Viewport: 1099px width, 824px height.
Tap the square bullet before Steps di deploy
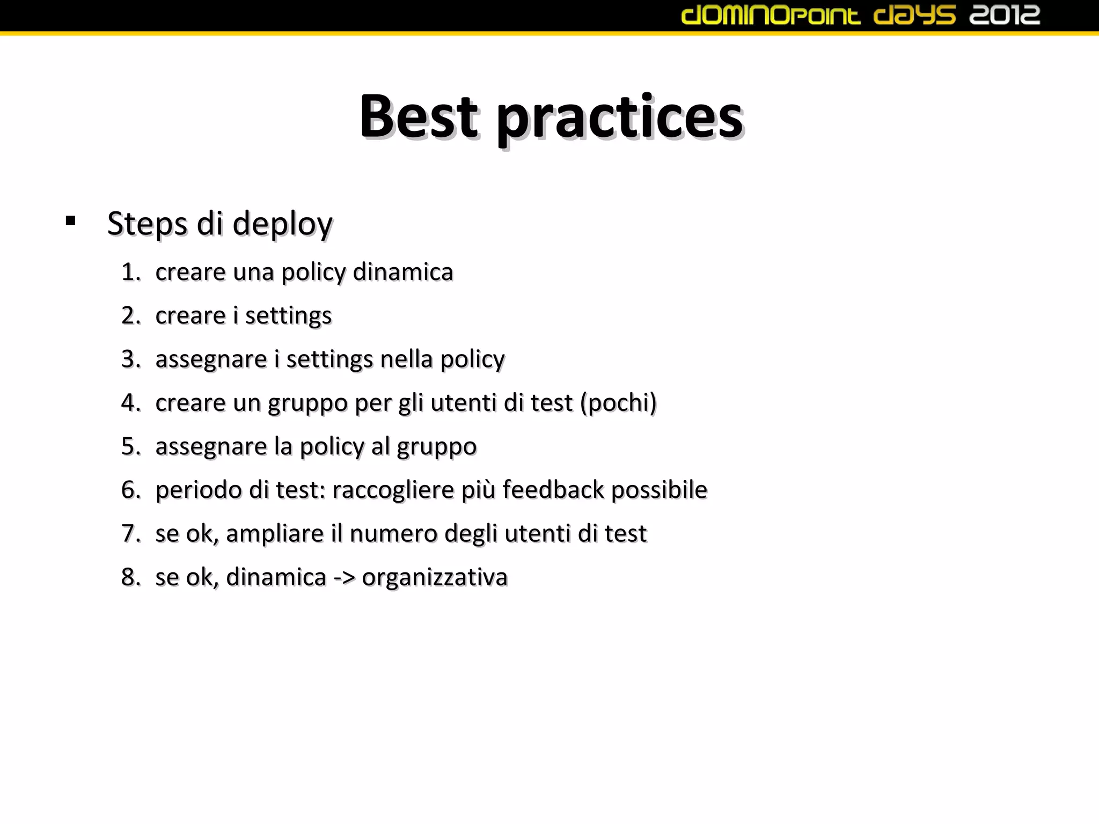[x=70, y=220]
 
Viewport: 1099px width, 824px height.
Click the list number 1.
[x=130, y=272]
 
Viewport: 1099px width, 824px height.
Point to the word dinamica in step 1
[x=403, y=272]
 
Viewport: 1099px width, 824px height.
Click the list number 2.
[x=130, y=315]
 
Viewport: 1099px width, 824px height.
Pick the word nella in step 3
[x=406, y=359]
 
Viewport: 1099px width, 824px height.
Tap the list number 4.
[x=130, y=402]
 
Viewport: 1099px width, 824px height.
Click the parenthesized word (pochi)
[x=618, y=403]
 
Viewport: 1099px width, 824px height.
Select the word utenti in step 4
[x=463, y=402]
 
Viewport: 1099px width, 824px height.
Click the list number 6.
[x=130, y=490]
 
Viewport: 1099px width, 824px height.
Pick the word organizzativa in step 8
[x=435, y=578]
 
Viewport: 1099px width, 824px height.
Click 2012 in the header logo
[x=1005, y=15]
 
